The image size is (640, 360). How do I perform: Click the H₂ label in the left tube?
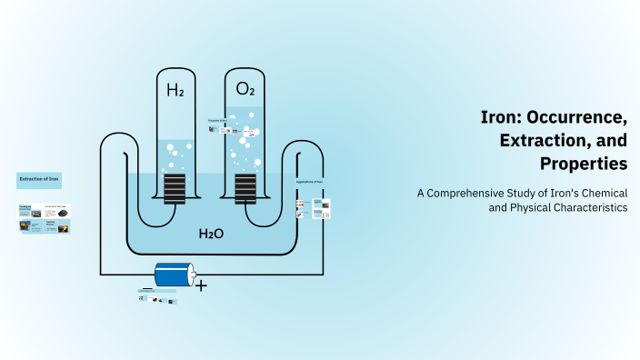175,89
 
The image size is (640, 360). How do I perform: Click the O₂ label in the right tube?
245,89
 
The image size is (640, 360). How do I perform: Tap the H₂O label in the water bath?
212,234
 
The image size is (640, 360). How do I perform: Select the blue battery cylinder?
175,274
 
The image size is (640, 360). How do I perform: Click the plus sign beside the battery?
201,285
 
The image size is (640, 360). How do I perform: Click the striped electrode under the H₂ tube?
175,188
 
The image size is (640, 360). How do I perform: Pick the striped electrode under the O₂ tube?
245,188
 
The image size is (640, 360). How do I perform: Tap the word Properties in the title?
583,164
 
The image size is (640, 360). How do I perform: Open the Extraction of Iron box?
39,180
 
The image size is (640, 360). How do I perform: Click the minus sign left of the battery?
146,288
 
